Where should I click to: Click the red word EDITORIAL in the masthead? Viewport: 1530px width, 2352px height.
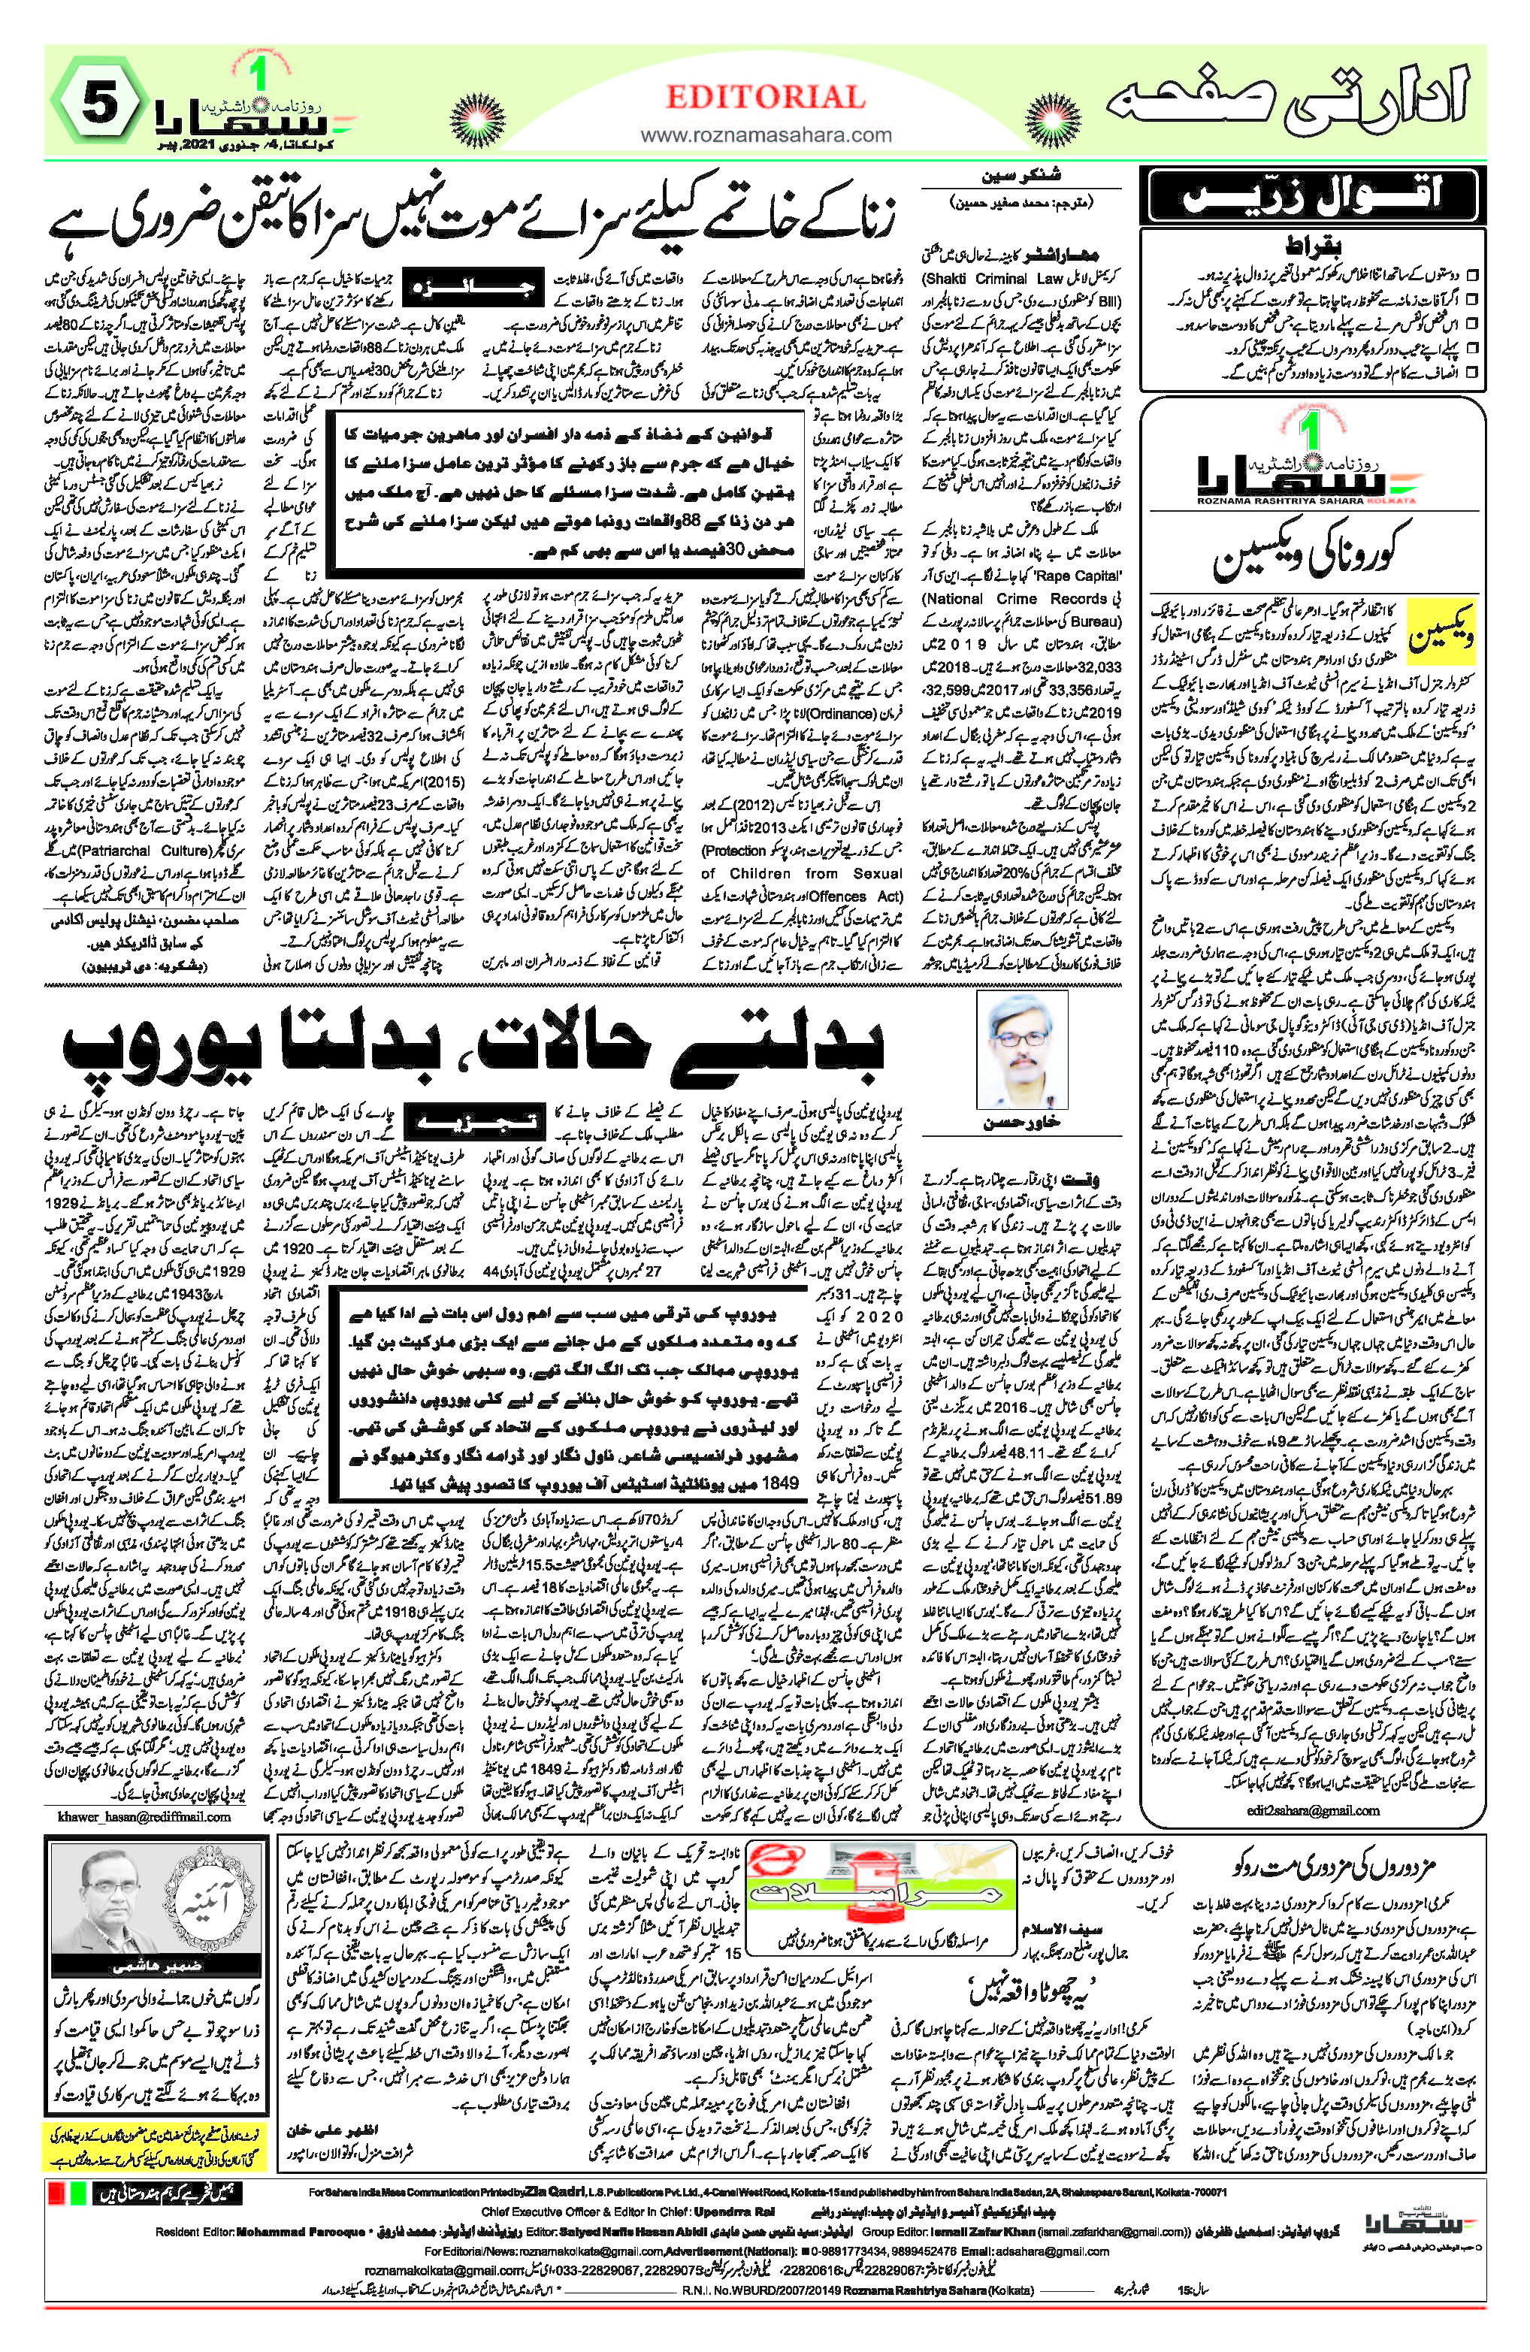tap(765, 98)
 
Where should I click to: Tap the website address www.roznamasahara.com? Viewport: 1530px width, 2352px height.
tap(765, 135)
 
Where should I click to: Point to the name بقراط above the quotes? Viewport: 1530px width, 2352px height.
tap(1311, 245)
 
